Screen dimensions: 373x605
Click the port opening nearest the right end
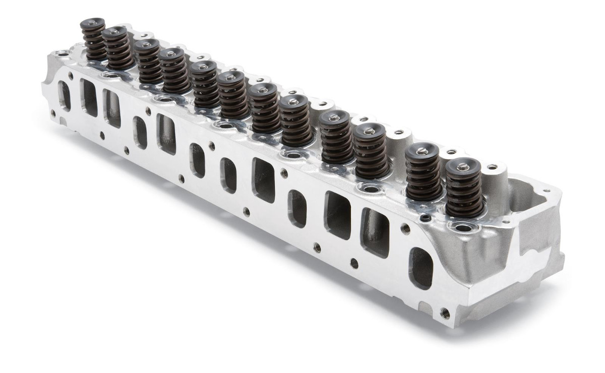[420, 268]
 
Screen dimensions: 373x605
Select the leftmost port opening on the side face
[65, 95]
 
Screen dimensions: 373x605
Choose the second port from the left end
[89, 97]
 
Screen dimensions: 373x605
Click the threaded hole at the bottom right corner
[445, 313]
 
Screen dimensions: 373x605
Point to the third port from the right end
[337, 215]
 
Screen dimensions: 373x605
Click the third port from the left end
[112, 108]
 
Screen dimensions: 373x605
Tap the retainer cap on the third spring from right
[369, 131]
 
